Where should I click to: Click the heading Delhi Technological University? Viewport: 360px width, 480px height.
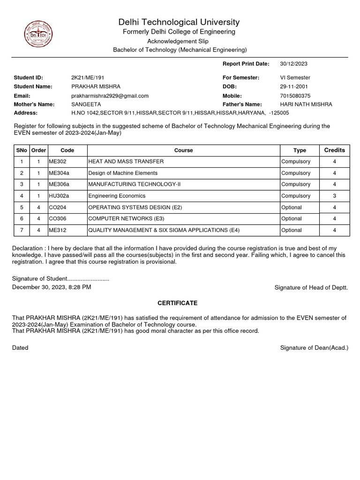179,22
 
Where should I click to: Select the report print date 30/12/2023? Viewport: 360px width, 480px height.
293,64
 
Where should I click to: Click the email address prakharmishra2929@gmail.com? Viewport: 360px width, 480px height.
110,96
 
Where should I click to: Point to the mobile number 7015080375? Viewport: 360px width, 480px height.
295,96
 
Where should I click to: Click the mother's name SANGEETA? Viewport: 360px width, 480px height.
86,105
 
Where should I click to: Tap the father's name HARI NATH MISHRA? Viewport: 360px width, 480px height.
306,105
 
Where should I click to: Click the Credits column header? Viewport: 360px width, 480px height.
334,150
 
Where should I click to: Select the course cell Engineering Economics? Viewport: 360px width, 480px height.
117,196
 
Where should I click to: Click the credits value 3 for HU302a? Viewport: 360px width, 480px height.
334,196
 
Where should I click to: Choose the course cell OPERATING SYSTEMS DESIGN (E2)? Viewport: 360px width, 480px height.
135,207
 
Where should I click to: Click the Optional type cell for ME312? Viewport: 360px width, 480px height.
292,230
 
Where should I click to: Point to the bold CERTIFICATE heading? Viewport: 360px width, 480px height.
177,303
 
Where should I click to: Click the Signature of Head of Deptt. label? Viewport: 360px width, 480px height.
311,288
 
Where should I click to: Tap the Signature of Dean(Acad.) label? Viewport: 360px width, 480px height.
314,348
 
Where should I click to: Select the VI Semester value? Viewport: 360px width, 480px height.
295,77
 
